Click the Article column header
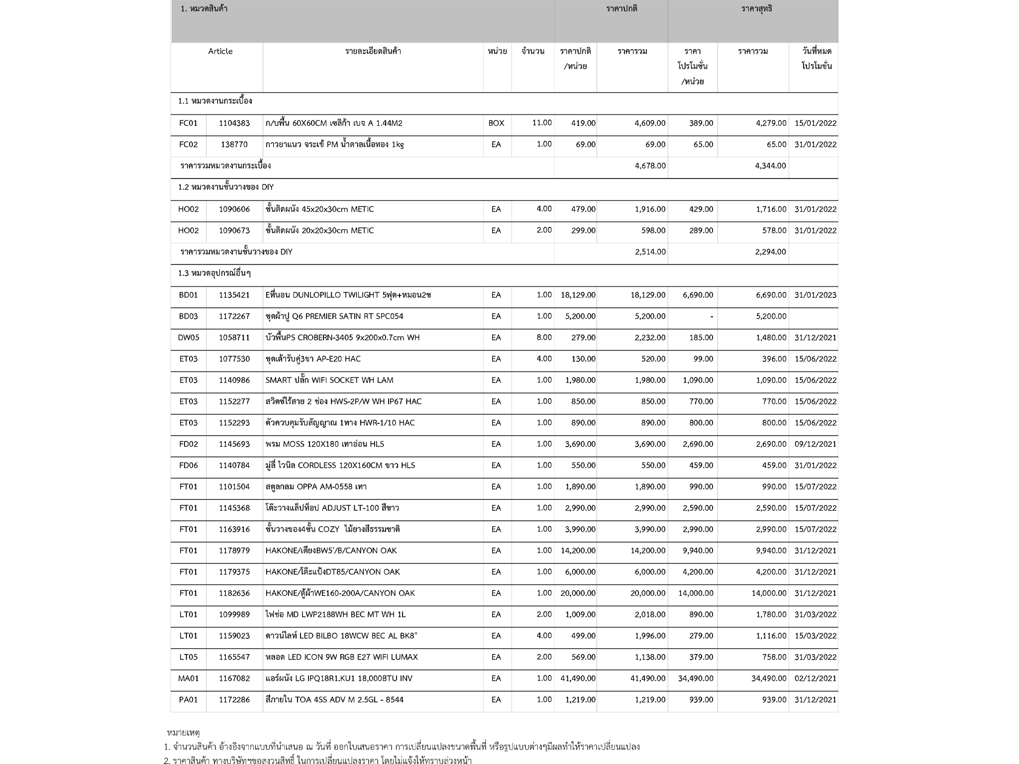click(x=220, y=51)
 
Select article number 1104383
click(x=234, y=123)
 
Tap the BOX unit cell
click(x=496, y=123)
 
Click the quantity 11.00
click(x=542, y=123)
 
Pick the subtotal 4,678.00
click(x=650, y=166)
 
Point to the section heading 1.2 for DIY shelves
click(x=226, y=188)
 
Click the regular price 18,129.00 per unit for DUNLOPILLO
click(x=578, y=295)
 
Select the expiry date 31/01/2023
click(x=815, y=295)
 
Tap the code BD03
click(x=188, y=316)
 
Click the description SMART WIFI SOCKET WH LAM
click(x=329, y=381)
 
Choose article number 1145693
click(x=234, y=444)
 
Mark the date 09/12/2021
click(x=815, y=444)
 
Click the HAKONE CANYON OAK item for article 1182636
click(x=340, y=593)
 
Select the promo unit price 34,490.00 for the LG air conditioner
click(x=695, y=678)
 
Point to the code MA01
click(x=188, y=678)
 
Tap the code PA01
click(x=188, y=700)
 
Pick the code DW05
click(x=188, y=338)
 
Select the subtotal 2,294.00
click(x=770, y=252)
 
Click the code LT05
click(x=188, y=657)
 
